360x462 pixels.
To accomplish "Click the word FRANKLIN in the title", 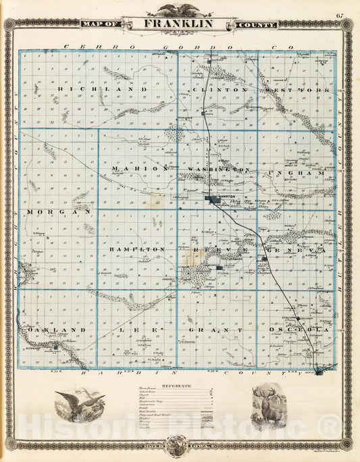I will [178, 24].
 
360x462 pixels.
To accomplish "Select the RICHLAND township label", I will [103, 89].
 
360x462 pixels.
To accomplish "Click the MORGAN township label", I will [59, 211].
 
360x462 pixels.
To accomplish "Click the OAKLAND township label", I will [57, 330].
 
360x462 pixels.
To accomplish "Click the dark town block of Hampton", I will [215, 199].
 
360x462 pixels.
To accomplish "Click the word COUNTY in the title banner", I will [257, 25].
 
